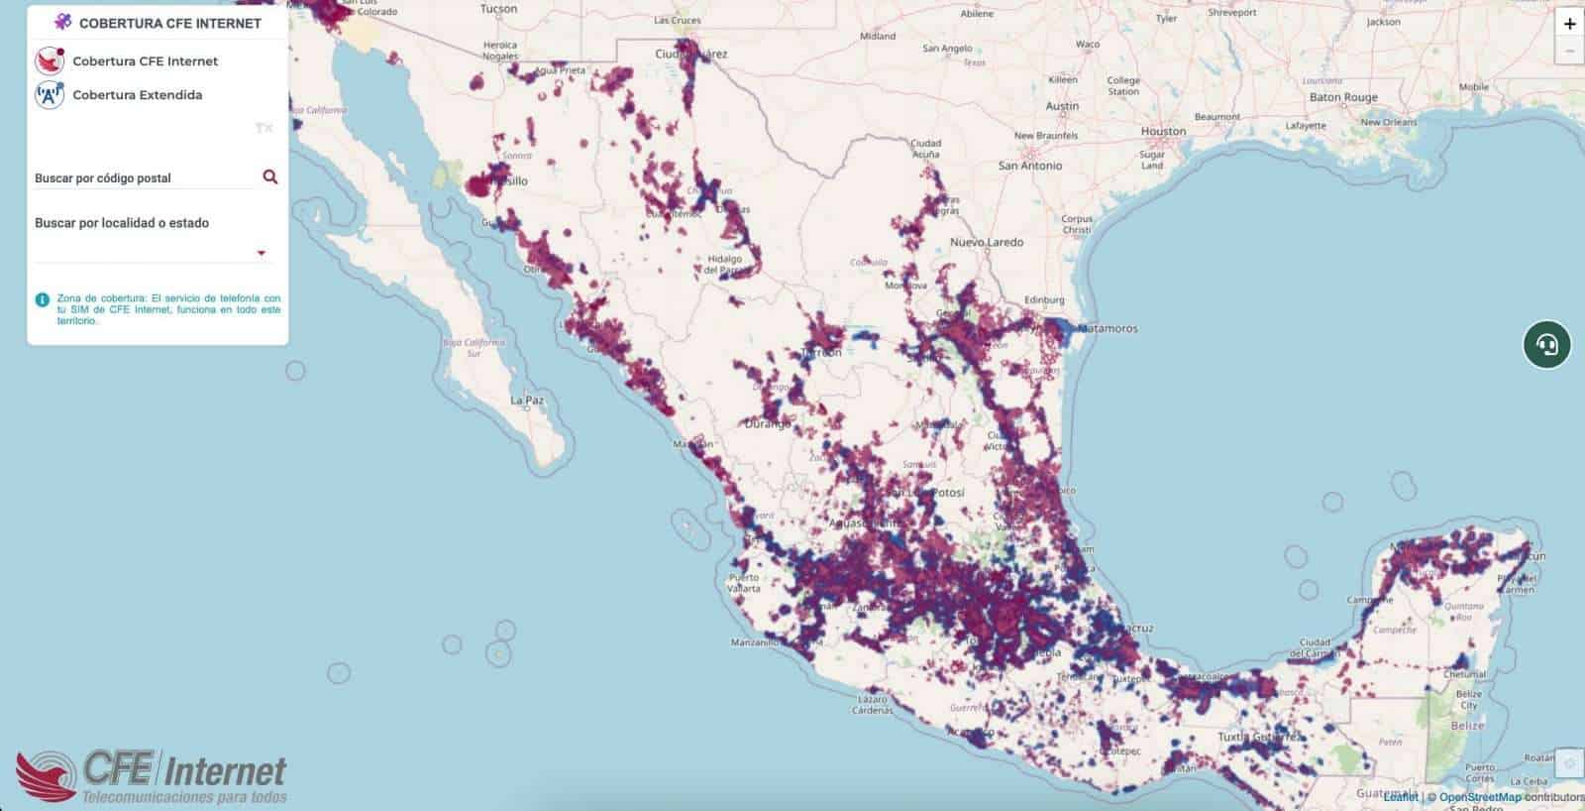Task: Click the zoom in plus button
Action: pos(1569,24)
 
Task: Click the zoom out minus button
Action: pos(1569,51)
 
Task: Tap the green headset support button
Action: pos(1546,344)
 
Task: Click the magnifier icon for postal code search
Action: pos(269,176)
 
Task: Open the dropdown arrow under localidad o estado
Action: pos(262,253)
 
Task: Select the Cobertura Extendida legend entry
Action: pos(137,95)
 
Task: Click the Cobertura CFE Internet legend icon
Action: pos(50,60)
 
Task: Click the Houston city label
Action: pos(1163,131)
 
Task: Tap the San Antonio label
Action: pos(1030,166)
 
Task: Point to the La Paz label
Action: pos(527,401)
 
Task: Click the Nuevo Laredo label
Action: pos(987,242)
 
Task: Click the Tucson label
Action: pos(498,9)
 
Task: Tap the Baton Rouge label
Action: pos(1343,97)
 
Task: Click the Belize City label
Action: pos(1468,700)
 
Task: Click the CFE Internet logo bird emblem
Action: pos(46,776)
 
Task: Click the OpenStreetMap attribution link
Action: pos(1479,797)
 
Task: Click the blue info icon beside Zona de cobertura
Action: pos(42,298)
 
